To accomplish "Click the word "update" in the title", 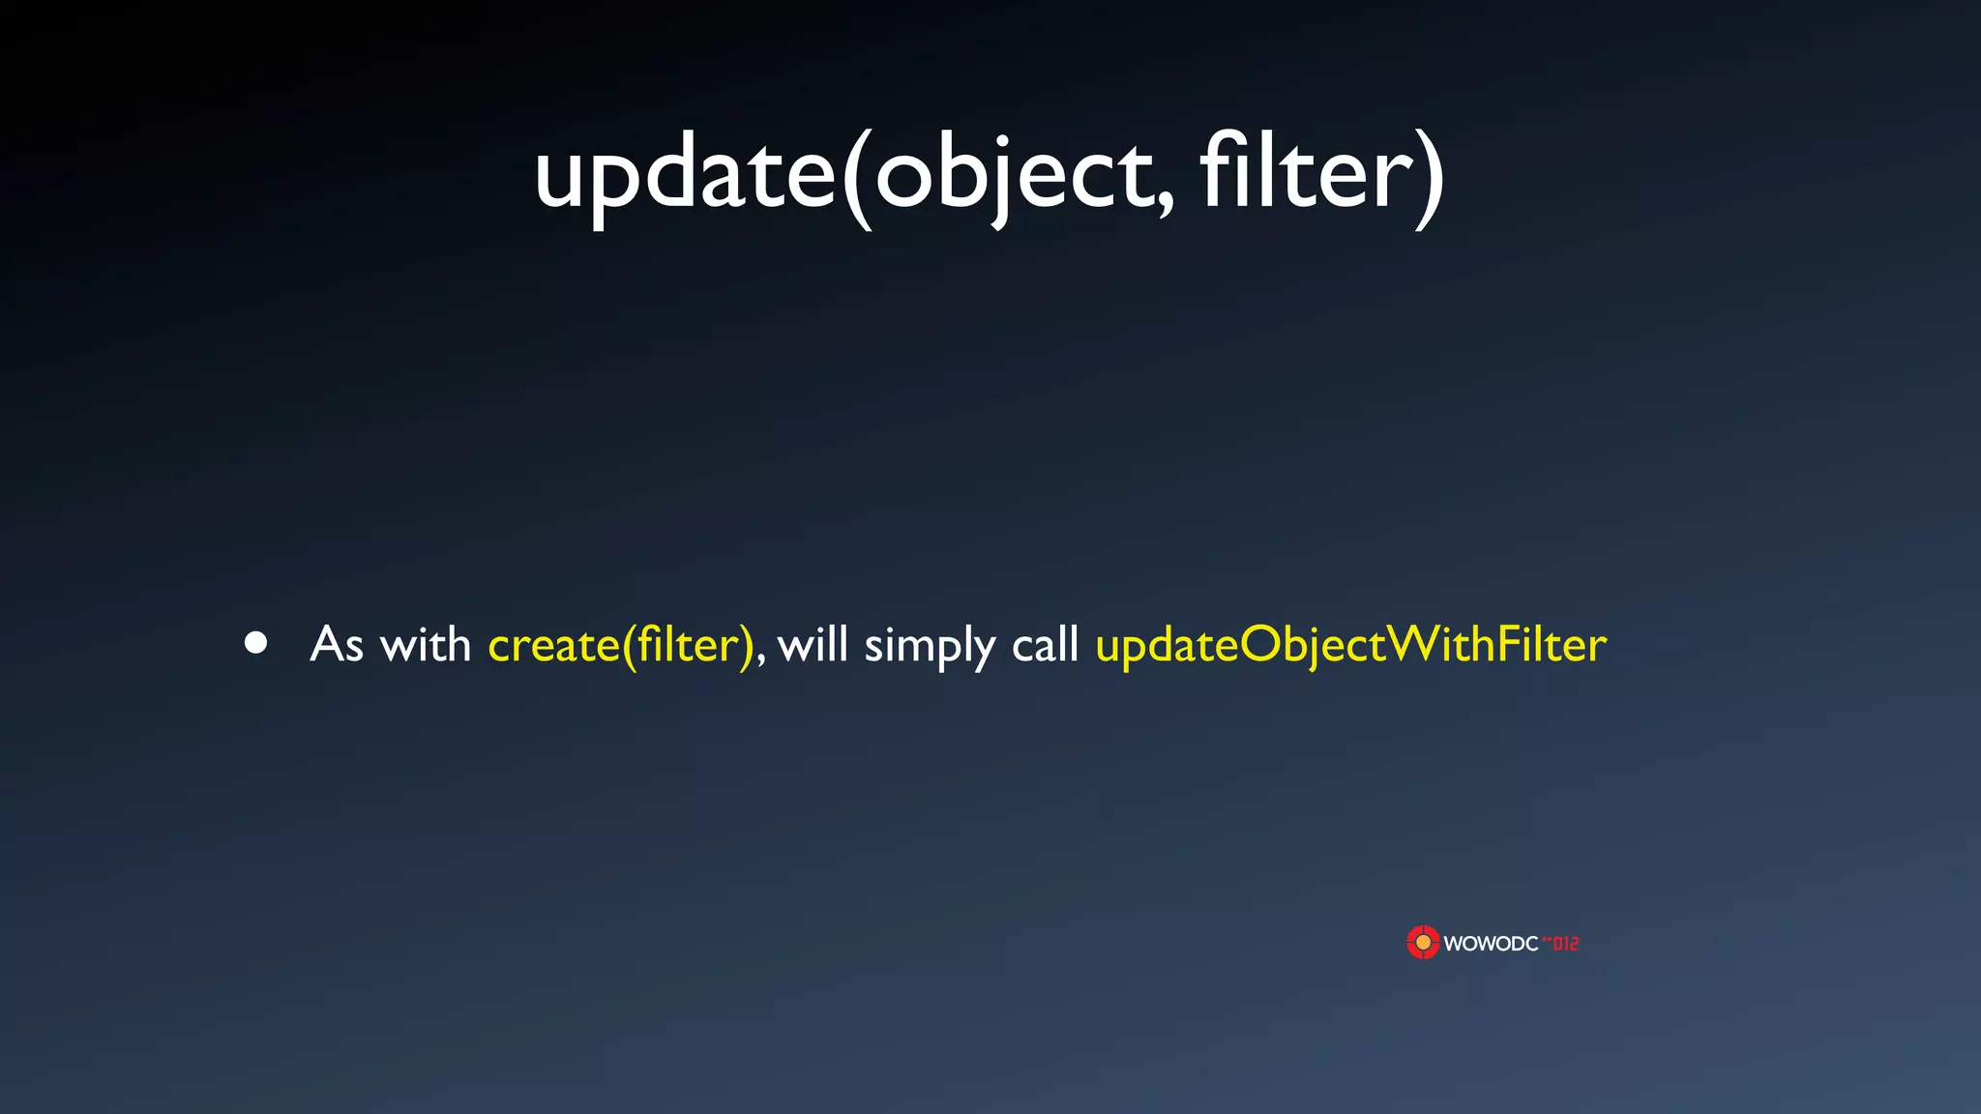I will pyautogui.click(x=684, y=174).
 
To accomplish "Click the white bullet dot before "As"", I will pyautogui.click(x=256, y=643).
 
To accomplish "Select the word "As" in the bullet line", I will pyautogui.click(x=337, y=644).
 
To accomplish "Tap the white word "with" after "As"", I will pyautogui.click(x=426, y=644).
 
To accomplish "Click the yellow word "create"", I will pyautogui.click(x=553, y=646).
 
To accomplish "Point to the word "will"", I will pyautogui.click(x=813, y=644).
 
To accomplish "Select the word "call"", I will pyautogui.click(x=1045, y=644).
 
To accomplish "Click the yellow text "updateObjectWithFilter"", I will pyautogui.click(x=1350, y=645).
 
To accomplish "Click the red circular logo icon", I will pyautogui.click(x=1423, y=942).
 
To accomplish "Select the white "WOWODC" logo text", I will pyautogui.click(x=1491, y=944).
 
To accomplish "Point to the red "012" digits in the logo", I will pyautogui.click(x=1565, y=943).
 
